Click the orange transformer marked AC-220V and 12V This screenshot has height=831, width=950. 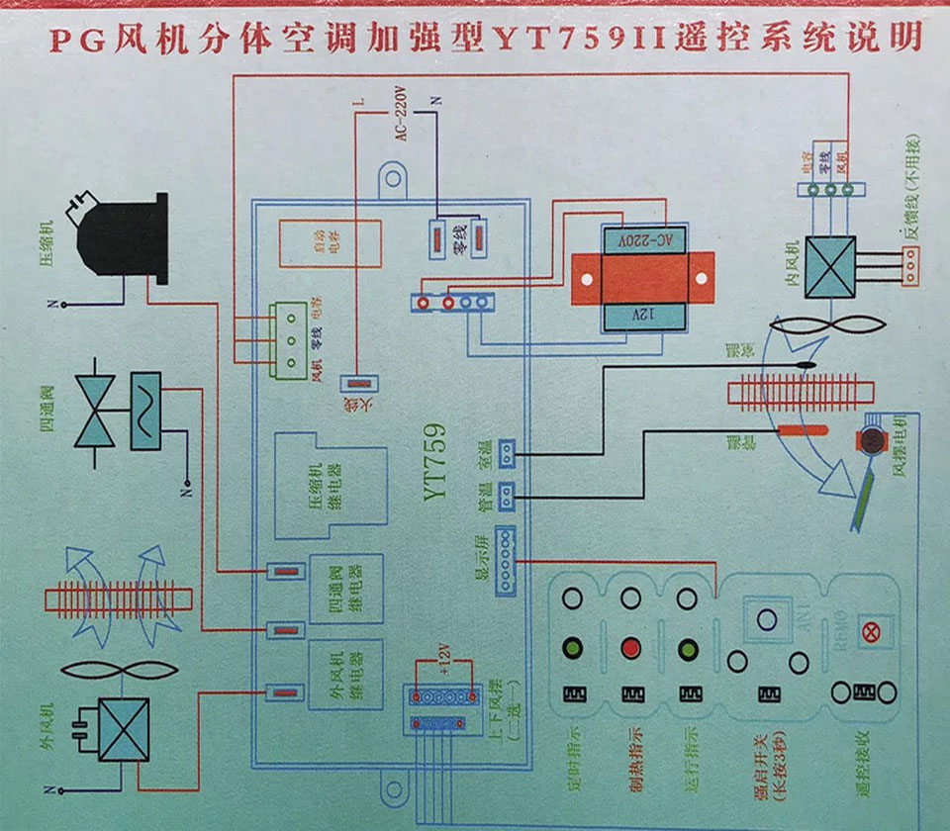click(x=642, y=280)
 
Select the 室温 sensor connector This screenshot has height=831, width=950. click(x=507, y=454)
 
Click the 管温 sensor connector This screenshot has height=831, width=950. click(x=507, y=493)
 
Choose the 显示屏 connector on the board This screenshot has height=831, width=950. click(x=506, y=560)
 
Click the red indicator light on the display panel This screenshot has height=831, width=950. click(x=629, y=649)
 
